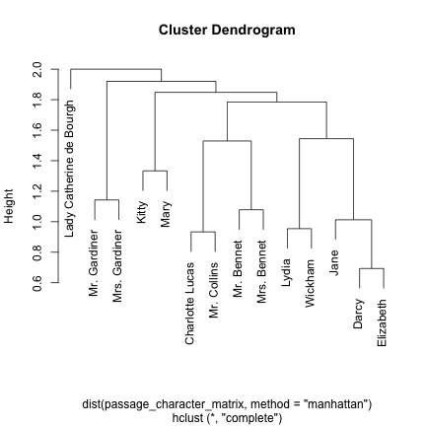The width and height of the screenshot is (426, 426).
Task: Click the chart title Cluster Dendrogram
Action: point(227,31)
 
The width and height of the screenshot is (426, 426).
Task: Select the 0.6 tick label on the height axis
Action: point(37,283)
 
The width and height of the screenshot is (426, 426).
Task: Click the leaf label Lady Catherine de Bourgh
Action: point(70,168)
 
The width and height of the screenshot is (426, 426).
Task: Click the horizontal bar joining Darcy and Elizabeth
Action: point(371,268)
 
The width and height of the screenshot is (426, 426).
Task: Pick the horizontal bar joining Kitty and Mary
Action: point(155,171)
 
